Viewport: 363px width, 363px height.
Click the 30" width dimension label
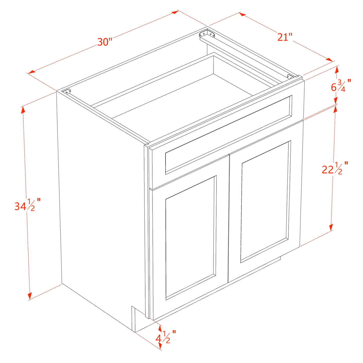click(105, 42)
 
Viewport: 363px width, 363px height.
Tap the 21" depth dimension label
click(285, 37)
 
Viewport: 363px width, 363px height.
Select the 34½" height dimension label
click(28, 204)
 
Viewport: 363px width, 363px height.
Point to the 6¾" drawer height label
click(341, 86)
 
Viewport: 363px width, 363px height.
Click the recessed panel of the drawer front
click(229, 135)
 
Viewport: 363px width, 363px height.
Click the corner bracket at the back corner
click(207, 34)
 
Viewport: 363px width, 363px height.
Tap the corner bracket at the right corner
click(290, 76)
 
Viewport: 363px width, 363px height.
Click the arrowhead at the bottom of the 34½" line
click(30, 296)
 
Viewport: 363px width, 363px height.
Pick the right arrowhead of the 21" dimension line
click(329, 60)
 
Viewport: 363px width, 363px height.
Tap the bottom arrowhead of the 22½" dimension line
click(331, 227)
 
